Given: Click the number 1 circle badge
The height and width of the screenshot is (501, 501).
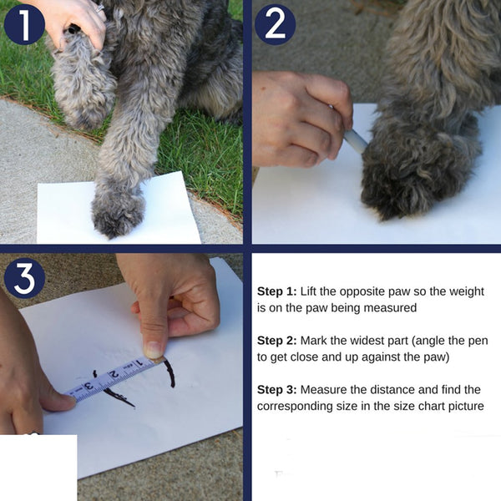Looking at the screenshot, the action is [24, 24].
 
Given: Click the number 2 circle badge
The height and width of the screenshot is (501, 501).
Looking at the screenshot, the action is [275, 24].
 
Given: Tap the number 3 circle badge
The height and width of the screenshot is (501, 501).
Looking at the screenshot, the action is [24, 278].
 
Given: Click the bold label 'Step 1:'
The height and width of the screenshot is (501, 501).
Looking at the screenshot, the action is [277, 291].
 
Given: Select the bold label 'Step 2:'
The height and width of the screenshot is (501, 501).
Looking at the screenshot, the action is [277, 341].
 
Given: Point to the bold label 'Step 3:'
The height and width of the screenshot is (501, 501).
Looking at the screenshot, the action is [277, 390].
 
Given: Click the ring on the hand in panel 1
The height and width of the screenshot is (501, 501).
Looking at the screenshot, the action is [100, 8].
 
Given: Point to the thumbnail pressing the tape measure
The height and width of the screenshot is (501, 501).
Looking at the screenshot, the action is [153, 350].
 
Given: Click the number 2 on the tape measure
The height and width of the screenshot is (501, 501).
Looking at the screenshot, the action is [114, 373].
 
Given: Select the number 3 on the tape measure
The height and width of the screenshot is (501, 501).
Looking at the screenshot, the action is [89, 386].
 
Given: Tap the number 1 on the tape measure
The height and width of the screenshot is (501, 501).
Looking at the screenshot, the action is [139, 363].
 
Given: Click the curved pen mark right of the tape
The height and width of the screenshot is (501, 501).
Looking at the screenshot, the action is [170, 372].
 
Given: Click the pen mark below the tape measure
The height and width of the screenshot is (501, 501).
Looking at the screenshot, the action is [119, 397].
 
